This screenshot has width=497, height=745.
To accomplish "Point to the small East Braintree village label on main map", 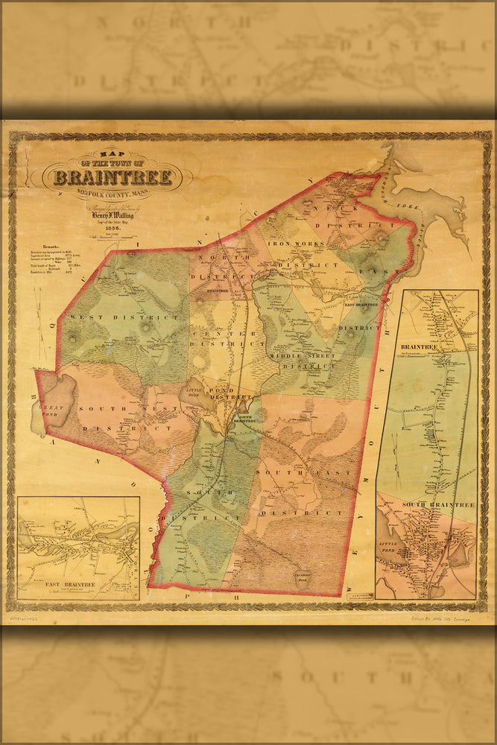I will coord(361,304).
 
